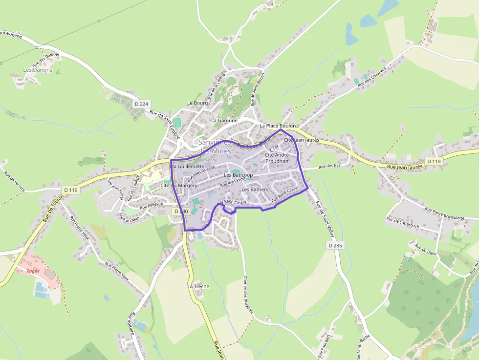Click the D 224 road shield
141,104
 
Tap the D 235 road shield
335,245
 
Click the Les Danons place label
38,70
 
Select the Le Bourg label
197,103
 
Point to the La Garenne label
224,120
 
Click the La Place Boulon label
278,126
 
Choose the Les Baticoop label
238,175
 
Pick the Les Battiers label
255,189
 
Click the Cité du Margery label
178,186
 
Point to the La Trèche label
198,286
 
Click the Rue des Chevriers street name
371,77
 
